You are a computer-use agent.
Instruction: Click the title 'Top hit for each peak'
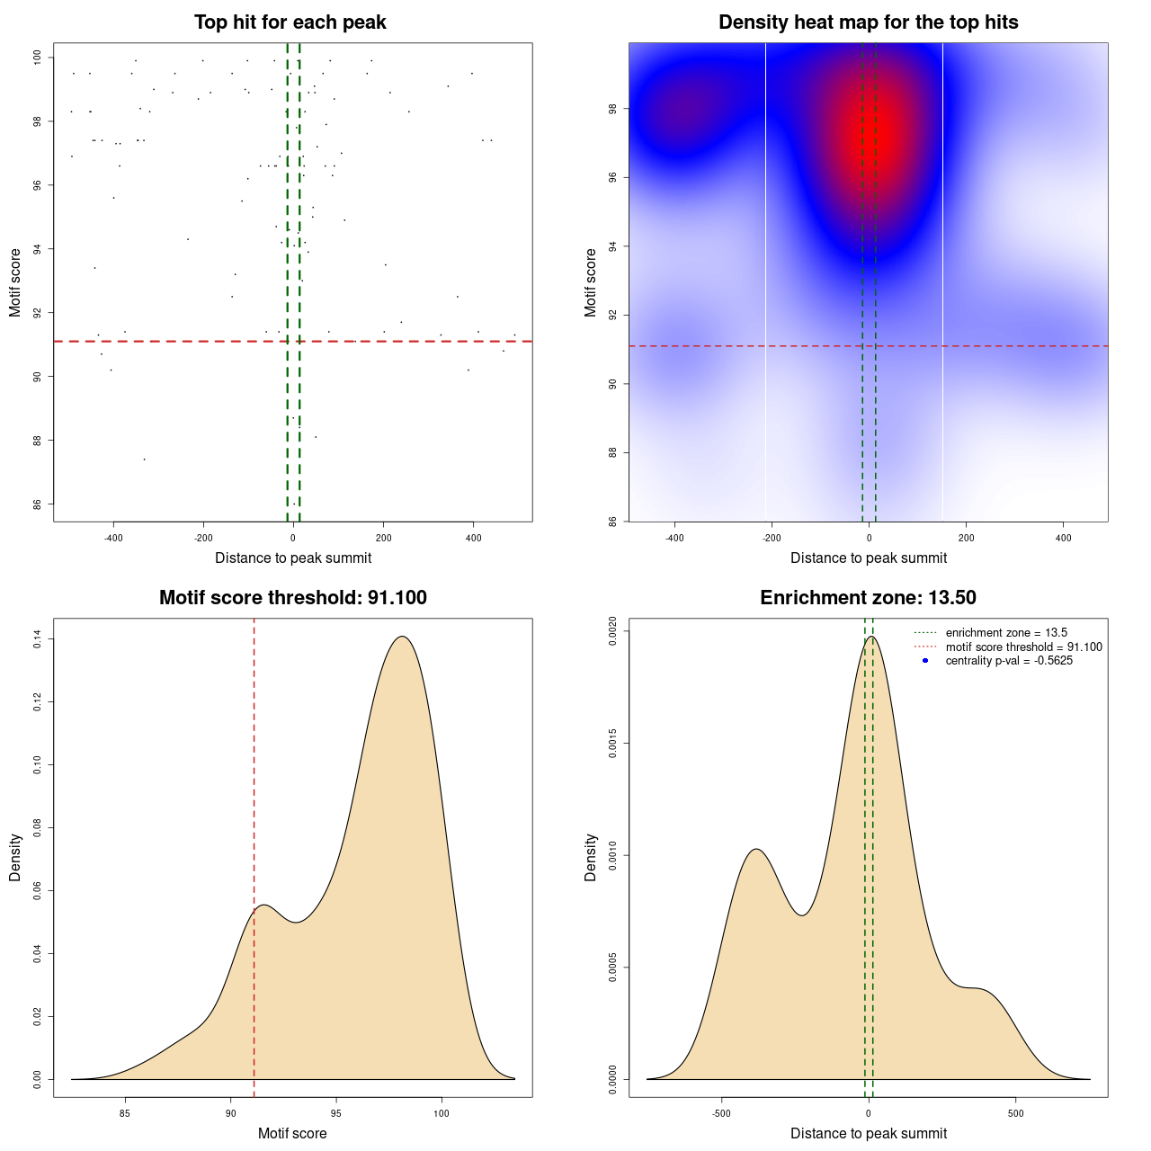290,22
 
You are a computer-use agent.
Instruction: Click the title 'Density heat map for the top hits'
868,22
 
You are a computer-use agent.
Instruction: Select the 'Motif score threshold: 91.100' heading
292,598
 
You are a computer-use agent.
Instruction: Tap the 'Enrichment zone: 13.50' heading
868,598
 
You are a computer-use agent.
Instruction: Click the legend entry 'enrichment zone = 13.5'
1006,633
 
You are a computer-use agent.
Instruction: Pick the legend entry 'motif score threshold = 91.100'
1023,647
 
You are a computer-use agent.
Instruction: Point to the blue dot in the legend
925,661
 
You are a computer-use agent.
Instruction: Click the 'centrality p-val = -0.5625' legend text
1009,661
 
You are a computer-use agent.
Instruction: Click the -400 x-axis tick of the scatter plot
113,539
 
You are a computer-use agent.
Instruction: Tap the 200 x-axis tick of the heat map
966,539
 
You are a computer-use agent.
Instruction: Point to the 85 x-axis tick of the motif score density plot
125,1113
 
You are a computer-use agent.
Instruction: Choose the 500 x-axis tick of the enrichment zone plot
1015,1113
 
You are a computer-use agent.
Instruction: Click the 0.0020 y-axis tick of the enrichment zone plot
612,631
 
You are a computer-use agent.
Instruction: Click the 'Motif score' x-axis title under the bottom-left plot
292,1134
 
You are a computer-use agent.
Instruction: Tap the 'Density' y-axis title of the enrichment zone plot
591,857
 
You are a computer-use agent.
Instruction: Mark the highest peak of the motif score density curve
402,637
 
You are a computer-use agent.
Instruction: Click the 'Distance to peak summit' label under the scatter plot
293,558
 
